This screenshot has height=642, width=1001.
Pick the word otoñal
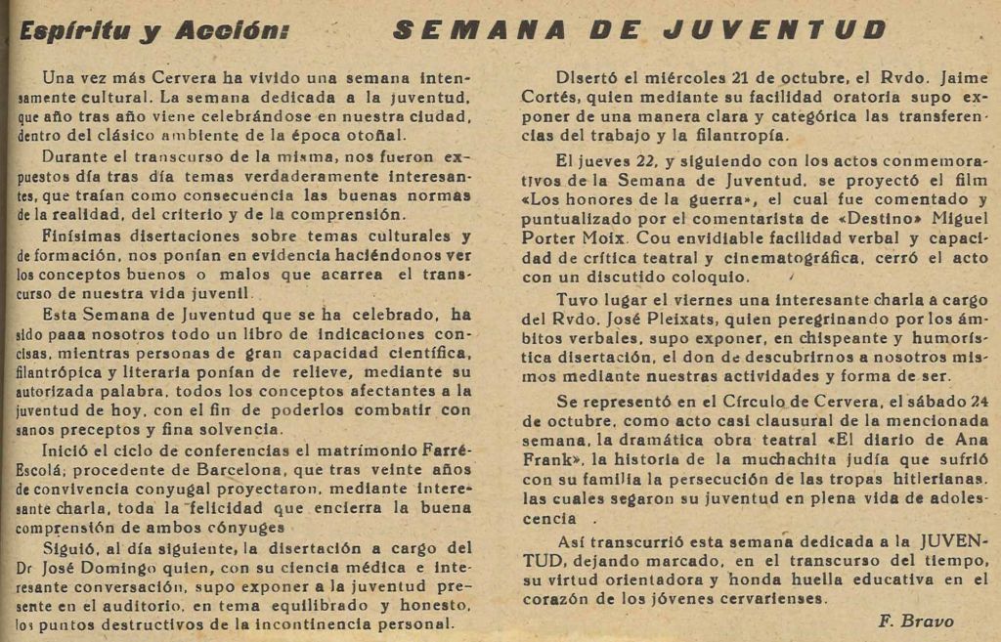click(x=404, y=135)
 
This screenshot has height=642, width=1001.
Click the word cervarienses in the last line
click(x=768, y=598)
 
